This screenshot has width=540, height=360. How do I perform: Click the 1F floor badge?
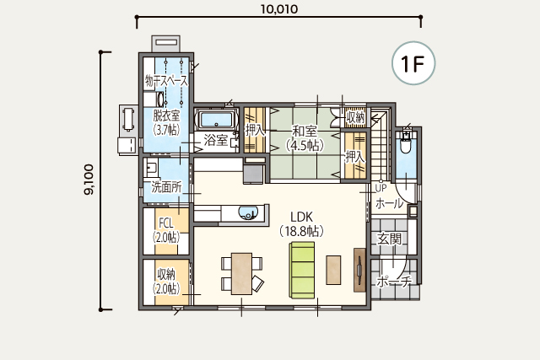[413, 63]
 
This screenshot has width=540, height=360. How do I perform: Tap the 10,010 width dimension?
[279, 9]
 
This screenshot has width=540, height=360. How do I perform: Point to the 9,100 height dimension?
[89, 180]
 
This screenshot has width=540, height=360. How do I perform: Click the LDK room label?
[302, 218]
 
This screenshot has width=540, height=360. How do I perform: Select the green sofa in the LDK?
[302, 270]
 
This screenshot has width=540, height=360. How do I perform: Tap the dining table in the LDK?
[241, 274]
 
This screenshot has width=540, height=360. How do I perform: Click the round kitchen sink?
[247, 212]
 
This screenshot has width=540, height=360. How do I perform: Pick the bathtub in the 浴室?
[217, 120]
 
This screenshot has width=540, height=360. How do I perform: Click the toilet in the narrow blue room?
[406, 143]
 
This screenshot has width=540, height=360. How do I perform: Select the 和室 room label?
[305, 132]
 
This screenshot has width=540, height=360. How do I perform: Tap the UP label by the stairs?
[381, 188]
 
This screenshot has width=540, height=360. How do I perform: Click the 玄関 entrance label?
[389, 238]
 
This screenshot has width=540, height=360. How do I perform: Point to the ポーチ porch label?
[394, 282]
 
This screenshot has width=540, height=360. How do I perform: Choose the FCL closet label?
[165, 223]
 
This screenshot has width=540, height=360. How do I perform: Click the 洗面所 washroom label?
[166, 187]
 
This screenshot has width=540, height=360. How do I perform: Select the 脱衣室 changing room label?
[166, 116]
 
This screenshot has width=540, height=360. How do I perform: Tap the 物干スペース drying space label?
[167, 81]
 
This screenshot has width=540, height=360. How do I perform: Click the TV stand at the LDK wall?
[359, 270]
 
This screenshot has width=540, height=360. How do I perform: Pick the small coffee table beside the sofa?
[333, 270]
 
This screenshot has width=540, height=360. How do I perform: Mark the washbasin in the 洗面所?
[150, 167]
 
